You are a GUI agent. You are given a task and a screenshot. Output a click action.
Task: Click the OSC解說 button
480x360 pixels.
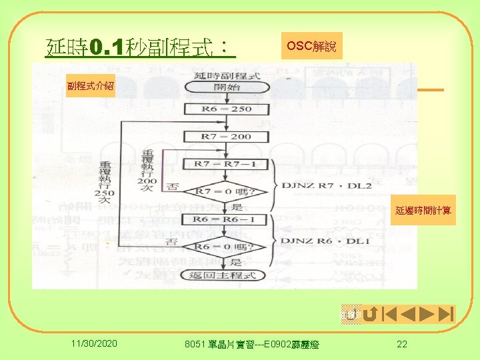click(311, 47)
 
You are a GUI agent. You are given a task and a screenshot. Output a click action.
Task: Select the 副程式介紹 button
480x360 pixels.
click(90, 85)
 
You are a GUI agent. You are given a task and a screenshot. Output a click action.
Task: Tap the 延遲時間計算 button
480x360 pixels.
click(423, 211)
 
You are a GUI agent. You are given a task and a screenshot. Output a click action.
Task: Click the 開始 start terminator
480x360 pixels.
click(227, 87)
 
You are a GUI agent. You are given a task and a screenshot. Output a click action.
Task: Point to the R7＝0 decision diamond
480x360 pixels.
click(227, 192)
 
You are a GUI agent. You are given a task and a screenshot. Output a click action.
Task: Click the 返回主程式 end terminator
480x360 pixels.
click(227, 275)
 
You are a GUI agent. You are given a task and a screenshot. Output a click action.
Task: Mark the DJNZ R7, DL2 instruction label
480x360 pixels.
click(327, 184)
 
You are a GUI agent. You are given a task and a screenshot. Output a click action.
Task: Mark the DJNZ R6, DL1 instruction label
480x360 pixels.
click(327, 240)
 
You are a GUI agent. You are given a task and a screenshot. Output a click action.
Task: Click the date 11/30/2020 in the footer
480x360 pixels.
click(95, 343)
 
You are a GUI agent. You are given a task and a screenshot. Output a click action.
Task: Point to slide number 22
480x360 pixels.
click(401, 343)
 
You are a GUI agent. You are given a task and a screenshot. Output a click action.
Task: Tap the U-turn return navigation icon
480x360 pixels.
click(371, 314)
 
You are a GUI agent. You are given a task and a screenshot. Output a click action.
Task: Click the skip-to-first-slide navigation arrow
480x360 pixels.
click(389, 314)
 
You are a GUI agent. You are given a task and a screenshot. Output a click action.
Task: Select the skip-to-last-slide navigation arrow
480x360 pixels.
click(446, 314)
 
